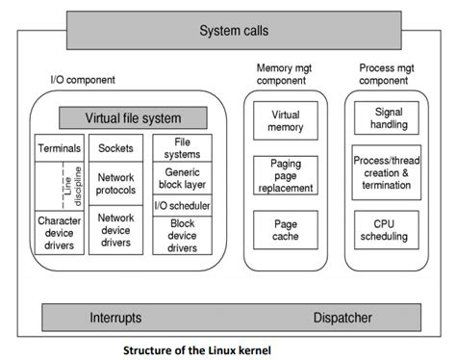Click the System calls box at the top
click(234, 31)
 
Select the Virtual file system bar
click(133, 119)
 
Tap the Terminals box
click(59, 149)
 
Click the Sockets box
click(115, 149)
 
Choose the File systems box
click(182, 146)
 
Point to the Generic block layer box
click(182, 179)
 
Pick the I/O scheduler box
click(182, 206)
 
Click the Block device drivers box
click(182, 236)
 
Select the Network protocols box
click(115, 183)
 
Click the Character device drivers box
click(59, 233)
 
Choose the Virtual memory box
click(285, 121)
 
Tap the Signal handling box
click(386, 118)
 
